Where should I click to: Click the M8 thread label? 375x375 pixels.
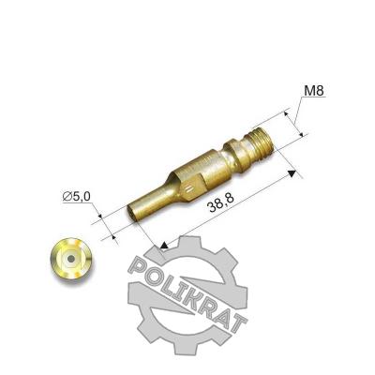pyautogui.click(x=314, y=91)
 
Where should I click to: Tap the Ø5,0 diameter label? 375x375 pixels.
pyautogui.click(x=77, y=196)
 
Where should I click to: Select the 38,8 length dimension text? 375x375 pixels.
pyautogui.click(x=221, y=204)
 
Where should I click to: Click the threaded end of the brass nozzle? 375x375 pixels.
pyautogui.click(x=263, y=142)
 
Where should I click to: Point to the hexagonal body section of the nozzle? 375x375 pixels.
pyautogui.click(x=189, y=180)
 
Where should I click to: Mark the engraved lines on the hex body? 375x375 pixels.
pyautogui.click(x=189, y=189)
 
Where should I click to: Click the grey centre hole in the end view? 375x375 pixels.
pyautogui.click(x=71, y=259)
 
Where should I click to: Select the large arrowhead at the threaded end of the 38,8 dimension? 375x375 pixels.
pyautogui.click(x=292, y=173)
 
